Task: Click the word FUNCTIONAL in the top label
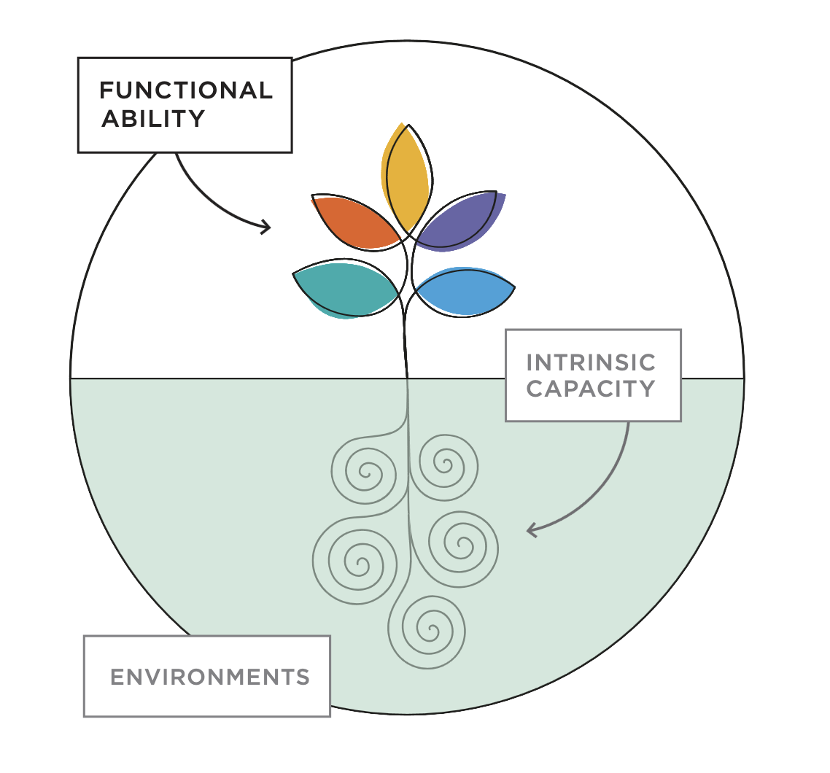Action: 185,90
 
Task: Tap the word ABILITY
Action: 153,119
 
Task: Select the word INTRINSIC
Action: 591,362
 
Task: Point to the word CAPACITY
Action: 591,389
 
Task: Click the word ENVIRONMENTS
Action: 210,677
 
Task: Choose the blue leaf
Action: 465,291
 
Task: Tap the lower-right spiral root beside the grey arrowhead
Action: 462,545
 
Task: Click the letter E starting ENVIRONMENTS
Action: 116,677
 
